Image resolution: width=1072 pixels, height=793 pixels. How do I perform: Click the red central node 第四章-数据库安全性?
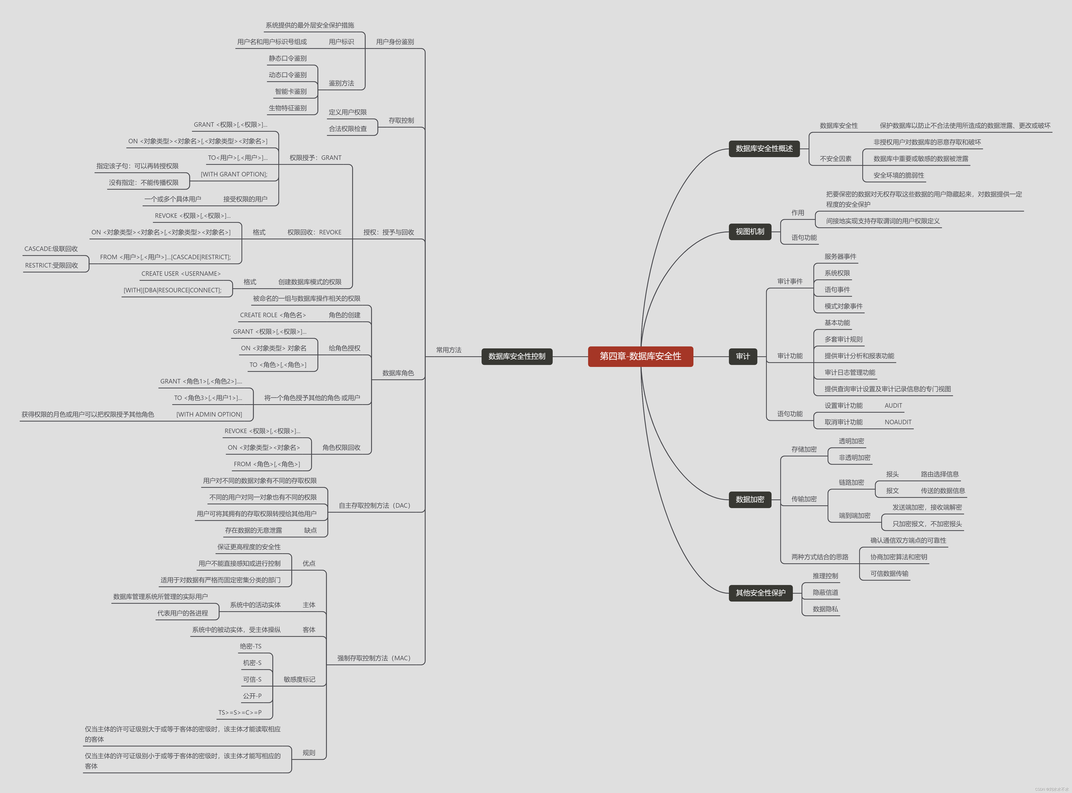[640, 356]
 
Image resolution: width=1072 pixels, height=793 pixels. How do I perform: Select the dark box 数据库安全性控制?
[517, 356]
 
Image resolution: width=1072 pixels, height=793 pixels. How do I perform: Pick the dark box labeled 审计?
[743, 356]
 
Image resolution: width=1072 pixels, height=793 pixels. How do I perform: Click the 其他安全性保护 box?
[760, 593]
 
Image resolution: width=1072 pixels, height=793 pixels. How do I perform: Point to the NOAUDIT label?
[898, 422]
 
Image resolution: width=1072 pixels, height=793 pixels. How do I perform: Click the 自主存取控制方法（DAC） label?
[374, 506]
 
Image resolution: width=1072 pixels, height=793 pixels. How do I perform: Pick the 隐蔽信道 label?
[825, 592]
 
